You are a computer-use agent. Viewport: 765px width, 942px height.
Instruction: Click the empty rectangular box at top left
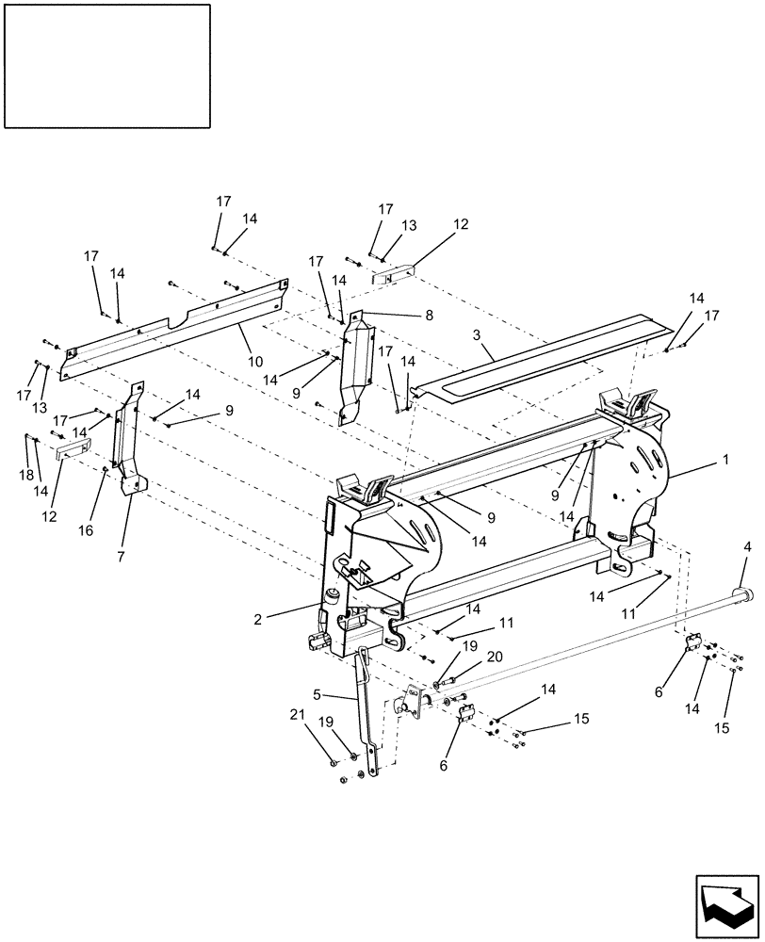[x=106, y=65]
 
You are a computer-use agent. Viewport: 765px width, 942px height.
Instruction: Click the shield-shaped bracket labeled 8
[x=355, y=367]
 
